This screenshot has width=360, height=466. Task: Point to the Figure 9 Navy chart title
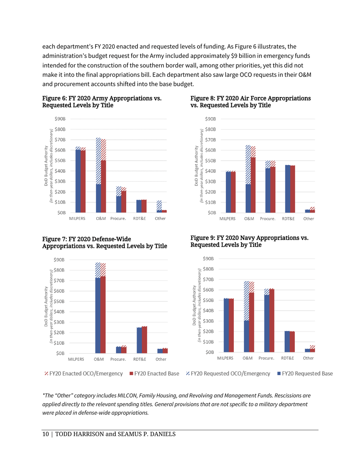(250, 241)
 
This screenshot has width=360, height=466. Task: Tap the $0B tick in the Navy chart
(211, 352)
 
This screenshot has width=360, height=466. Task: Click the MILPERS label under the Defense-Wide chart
(77, 358)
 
